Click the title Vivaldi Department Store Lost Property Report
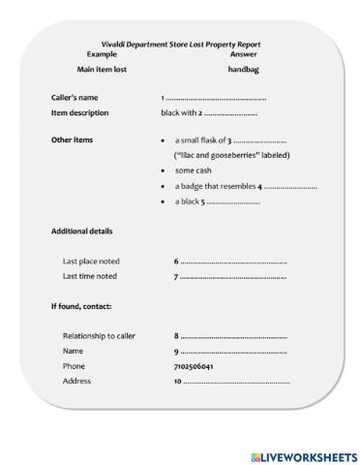(180, 45)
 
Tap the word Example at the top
(102, 54)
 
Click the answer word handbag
(244, 70)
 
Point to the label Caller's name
(75, 98)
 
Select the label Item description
(79, 112)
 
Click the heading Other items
(72, 140)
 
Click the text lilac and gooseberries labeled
(232, 155)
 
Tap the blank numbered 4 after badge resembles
(290, 186)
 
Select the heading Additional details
(81, 232)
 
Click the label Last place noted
(90, 262)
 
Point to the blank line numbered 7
(232, 277)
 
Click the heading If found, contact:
(81, 306)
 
